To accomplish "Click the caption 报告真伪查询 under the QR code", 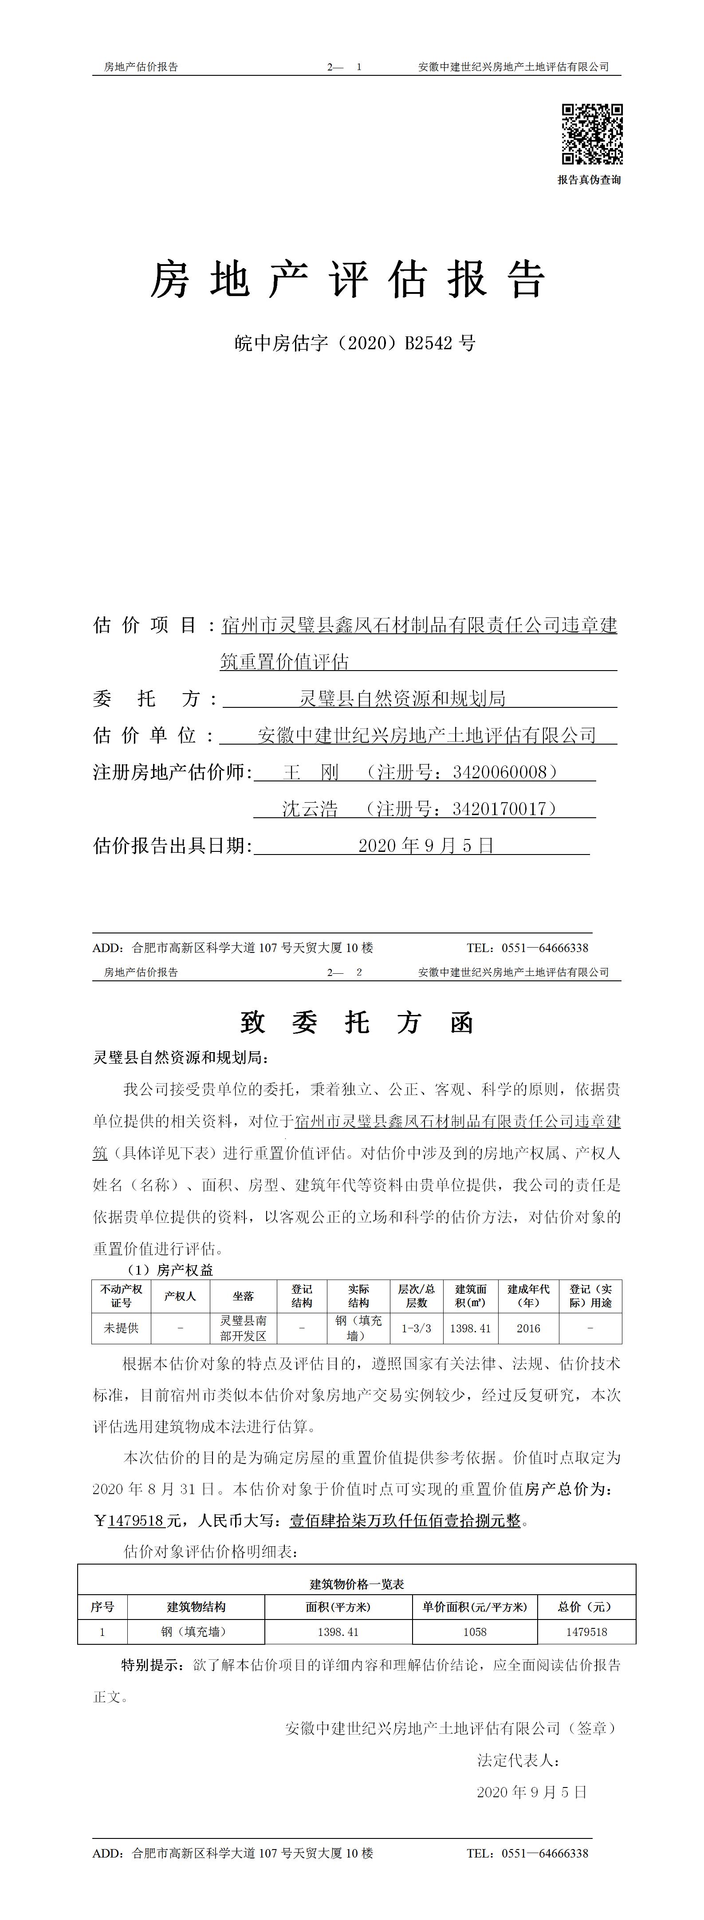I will (589, 180).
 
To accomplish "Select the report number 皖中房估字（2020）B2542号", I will (355, 343).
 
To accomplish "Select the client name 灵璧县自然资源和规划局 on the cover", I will (403, 699).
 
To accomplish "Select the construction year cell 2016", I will (528, 1328).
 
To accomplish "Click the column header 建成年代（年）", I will (528, 1296).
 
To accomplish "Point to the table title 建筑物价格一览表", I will (357, 1584).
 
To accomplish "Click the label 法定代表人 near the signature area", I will (518, 1760).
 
